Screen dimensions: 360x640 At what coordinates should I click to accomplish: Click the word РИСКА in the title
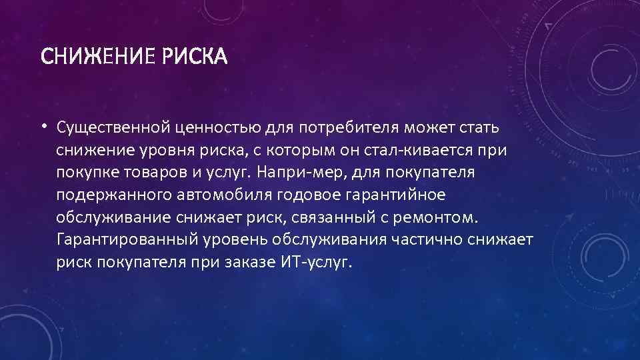[x=193, y=58]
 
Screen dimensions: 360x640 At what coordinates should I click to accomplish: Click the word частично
[x=431, y=239]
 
